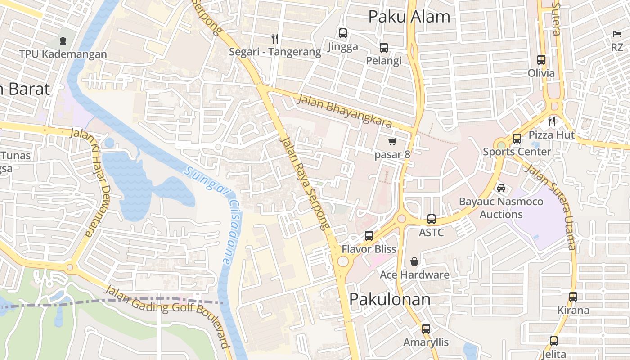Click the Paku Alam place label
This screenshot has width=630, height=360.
tap(409, 17)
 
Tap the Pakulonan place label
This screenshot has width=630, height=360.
tap(390, 299)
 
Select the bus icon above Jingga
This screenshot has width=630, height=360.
tap(343, 33)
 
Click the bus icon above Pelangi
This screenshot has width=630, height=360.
tap(384, 47)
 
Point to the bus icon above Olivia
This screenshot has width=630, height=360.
tap(541, 59)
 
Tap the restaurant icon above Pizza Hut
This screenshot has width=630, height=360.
tap(552, 121)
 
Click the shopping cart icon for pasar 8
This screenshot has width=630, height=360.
tap(392, 142)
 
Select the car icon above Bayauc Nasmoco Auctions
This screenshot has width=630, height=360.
tap(501, 188)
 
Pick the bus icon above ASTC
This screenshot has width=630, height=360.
tap(432, 219)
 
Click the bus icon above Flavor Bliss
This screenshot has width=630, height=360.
tap(369, 235)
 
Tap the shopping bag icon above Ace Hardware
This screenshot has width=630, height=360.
tap(414, 261)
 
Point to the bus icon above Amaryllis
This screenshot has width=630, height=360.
tap(426, 328)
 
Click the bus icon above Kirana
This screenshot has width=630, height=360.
tap(573, 297)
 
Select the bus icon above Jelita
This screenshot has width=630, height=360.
tap(553, 341)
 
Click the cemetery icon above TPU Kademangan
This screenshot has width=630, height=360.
tap(63, 41)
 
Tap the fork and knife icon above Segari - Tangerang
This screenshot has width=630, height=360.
tap(275, 38)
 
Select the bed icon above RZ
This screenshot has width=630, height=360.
tap(616, 34)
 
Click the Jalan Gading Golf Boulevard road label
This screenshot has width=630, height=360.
tap(169, 315)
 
